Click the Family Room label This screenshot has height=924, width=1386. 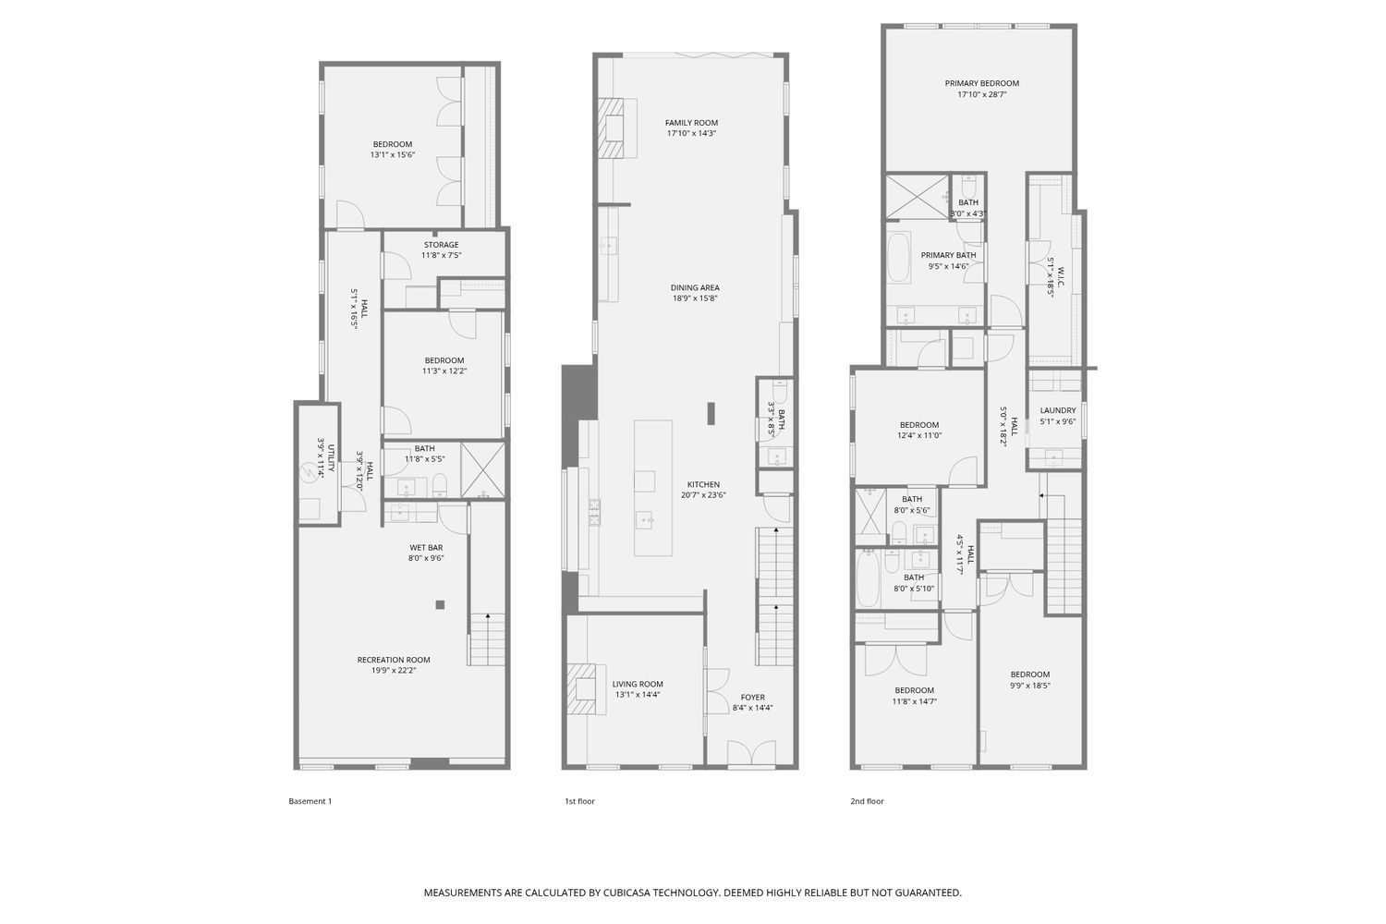pyautogui.click(x=691, y=123)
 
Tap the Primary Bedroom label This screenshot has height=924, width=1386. pyautogui.click(x=981, y=83)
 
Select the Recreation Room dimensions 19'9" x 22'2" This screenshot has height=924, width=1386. pyautogui.click(x=394, y=671)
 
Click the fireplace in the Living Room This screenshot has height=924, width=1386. pyautogui.click(x=582, y=689)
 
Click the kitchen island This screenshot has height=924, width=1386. pyautogui.click(x=652, y=487)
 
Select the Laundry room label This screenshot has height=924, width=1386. pyautogui.click(x=1057, y=410)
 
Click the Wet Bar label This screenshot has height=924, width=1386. pyautogui.click(x=426, y=548)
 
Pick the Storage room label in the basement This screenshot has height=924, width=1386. pyautogui.click(x=441, y=245)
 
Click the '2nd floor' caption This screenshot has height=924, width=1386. pyautogui.click(x=867, y=801)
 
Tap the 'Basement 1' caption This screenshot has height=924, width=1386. pyautogui.click(x=310, y=801)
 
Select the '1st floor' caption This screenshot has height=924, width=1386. pyautogui.click(x=579, y=801)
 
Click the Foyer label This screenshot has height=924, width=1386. pyautogui.click(x=752, y=698)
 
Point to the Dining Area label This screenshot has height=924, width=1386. pyautogui.click(x=695, y=287)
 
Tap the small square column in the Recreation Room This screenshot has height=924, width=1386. pyautogui.click(x=440, y=605)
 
